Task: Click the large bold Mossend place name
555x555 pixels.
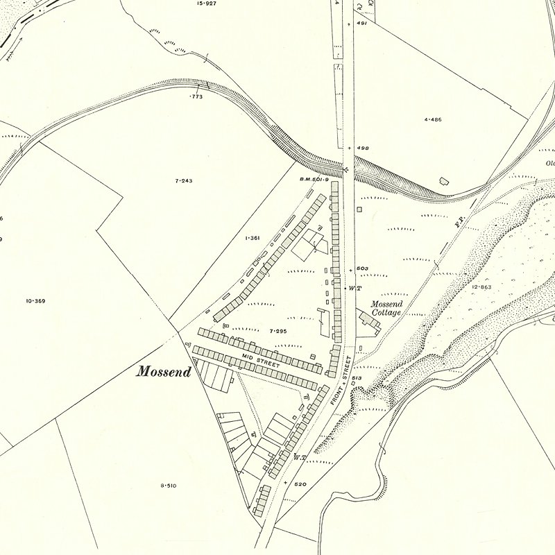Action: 164,370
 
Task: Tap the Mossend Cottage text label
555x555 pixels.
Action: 386,308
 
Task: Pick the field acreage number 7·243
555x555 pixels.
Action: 183,180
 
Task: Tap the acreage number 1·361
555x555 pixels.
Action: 252,238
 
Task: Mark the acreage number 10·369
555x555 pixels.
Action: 35,300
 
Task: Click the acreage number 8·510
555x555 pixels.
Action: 168,486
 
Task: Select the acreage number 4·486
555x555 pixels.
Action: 432,119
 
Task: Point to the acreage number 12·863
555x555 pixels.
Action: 481,287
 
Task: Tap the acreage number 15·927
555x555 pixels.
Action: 206,3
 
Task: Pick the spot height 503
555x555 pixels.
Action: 362,268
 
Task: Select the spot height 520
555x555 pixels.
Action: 300,484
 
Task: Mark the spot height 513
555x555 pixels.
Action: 357,377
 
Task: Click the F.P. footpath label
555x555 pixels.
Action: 458,224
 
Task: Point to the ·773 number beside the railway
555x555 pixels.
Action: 196,97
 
